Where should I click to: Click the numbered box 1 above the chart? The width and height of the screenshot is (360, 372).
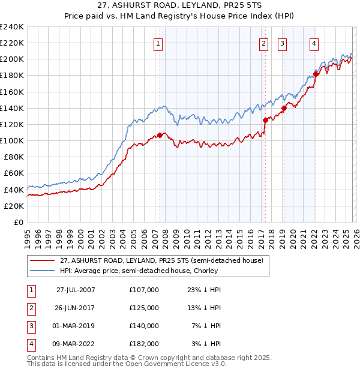pyautogui.click(x=158, y=43)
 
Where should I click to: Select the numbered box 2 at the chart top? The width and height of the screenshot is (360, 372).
pyautogui.click(x=263, y=43)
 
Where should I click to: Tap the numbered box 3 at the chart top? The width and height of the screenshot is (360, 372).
pyautogui.click(x=282, y=43)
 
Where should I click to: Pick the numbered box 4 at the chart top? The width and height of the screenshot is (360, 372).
pyautogui.click(x=314, y=43)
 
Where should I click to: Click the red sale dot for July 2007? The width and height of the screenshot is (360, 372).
pyautogui.click(x=160, y=135)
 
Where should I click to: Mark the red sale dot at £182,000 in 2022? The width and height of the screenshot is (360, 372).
pyautogui.click(x=314, y=74)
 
